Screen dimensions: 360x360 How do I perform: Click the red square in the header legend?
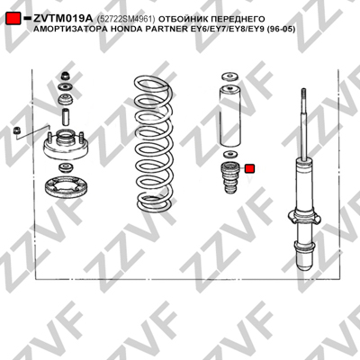click(13, 19)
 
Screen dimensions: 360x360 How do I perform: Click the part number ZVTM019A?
click(63, 19)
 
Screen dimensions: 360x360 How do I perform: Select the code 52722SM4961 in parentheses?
click(126, 19)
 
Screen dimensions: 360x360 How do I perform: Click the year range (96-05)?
click(281, 29)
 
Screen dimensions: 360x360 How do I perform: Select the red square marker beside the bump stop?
click(249, 168)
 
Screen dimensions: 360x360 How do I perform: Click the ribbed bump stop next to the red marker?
click(229, 177)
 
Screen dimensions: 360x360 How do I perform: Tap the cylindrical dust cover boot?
click(229, 117)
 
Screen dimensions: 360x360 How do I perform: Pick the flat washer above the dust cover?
click(230, 76)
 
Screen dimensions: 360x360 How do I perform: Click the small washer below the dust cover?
click(229, 155)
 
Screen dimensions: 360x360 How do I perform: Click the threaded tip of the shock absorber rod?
click(303, 94)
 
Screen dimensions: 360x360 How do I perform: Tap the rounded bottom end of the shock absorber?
click(305, 263)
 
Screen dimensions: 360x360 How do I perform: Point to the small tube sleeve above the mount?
click(66, 117)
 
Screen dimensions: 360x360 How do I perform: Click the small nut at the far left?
click(17, 130)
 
